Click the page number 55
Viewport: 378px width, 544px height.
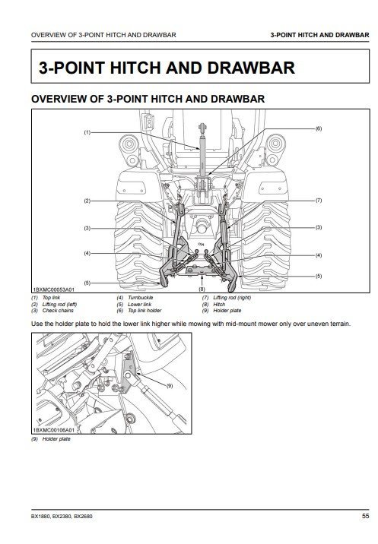pos(366,516)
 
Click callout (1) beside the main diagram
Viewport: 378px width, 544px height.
pos(87,132)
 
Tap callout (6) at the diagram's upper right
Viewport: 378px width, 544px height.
pos(319,128)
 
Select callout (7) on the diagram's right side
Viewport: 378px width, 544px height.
pos(319,200)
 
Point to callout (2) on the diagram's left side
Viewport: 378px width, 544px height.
pos(87,201)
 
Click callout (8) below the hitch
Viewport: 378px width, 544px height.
pos(202,289)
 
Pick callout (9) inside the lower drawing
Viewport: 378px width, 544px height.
pos(170,385)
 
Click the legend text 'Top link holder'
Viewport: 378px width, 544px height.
pos(145,311)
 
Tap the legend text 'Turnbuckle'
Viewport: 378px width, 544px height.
pos(141,297)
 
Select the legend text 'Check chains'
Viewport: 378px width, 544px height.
pos(58,311)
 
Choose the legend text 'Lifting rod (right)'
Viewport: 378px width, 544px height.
pos(232,297)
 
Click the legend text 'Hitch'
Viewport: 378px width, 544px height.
pos(219,304)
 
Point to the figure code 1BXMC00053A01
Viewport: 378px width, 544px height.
pos(53,289)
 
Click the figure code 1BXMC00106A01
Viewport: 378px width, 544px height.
pos(53,430)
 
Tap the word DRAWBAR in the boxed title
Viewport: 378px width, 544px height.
pos(251,68)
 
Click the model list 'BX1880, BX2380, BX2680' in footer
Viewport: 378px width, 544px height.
pos(62,516)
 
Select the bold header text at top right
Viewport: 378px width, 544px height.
pos(319,35)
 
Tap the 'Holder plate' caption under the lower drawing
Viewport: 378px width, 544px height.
pos(56,439)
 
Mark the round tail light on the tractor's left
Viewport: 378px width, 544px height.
pos(129,144)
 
